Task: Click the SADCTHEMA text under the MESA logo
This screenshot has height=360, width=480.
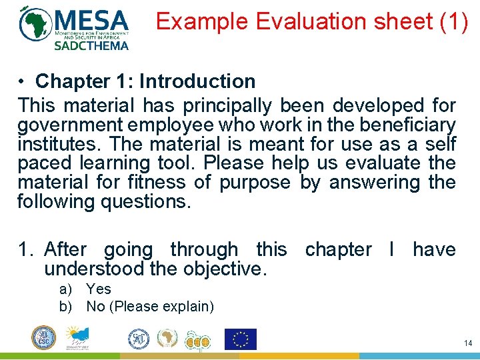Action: (x=91, y=46)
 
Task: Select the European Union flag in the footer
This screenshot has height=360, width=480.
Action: (x=240, y=339)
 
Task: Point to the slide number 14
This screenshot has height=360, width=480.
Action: (x=467, y=343)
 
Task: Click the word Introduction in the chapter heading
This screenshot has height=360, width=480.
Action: (x=197, y=81)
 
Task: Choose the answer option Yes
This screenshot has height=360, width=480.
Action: (x=99, y=289)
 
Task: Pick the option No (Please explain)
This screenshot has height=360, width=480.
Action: (x=150, y=307)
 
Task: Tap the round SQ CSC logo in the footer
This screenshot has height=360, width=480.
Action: (x=43, y=338)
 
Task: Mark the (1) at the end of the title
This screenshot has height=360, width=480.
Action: (x=453, y=21)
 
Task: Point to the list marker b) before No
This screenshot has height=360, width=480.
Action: (x=65, y=307)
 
